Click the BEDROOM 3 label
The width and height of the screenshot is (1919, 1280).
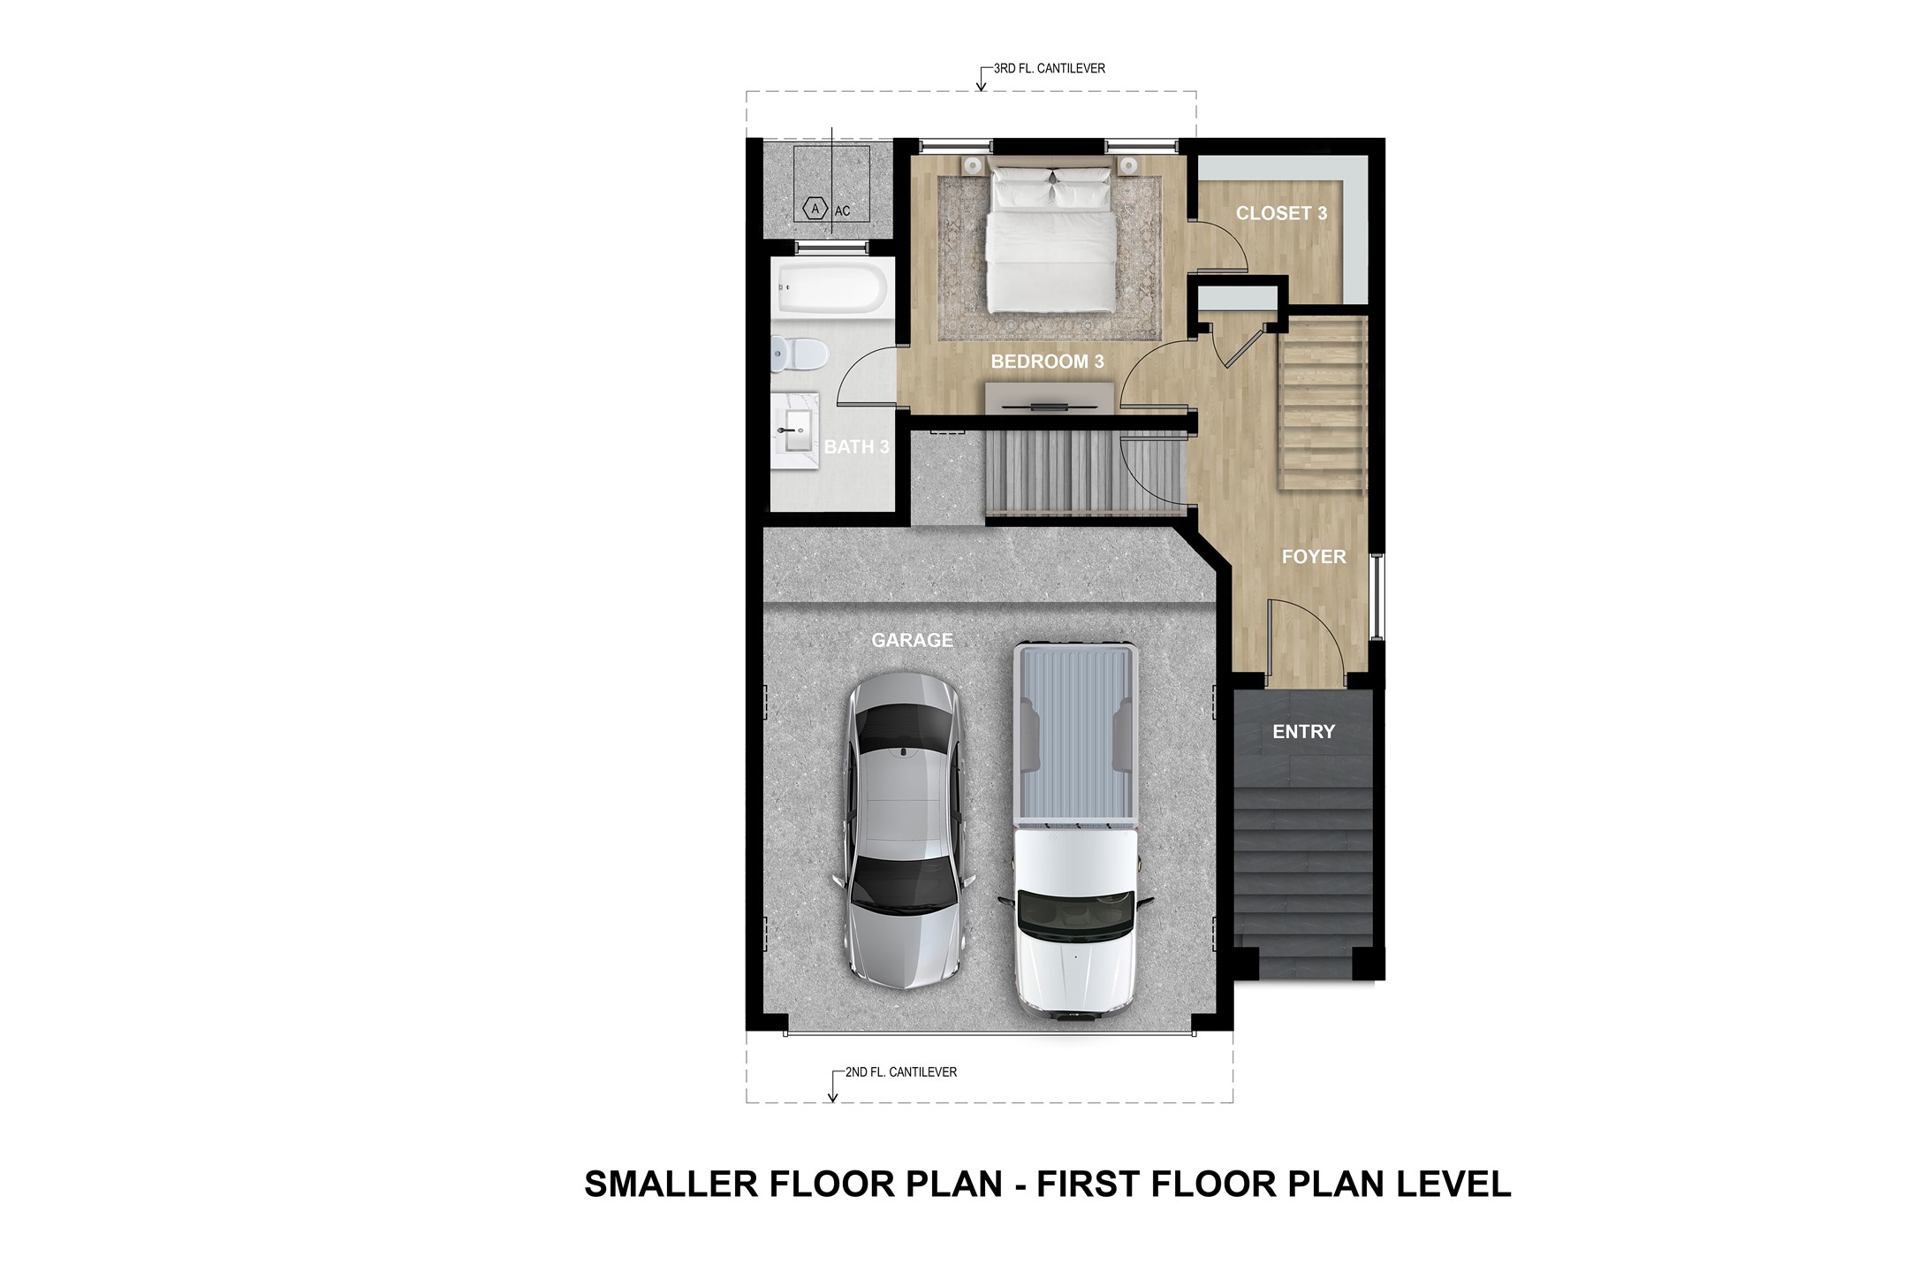pyautogui.click(x=1047, y=362)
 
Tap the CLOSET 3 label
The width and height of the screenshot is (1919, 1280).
pyautogui.click(x=1280, y=213)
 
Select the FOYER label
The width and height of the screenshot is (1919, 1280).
pyautogui.click(x=1314, y=557)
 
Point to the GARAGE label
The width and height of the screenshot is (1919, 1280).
pyautogui.click(x=912, y=640)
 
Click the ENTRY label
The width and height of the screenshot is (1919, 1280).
pyautogui.click(x=1303, y=732)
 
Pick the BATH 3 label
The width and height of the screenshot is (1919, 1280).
pyautogui.click(x=855, y=447)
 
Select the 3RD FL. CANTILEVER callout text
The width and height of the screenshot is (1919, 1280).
pyautogui.click(x=1049, y=68)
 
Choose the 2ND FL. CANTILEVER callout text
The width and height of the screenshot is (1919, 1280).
pyautogui.click(x=900, y=1072)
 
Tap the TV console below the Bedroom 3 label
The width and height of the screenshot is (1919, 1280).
pyautogui.click(x=1049, y=395)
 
